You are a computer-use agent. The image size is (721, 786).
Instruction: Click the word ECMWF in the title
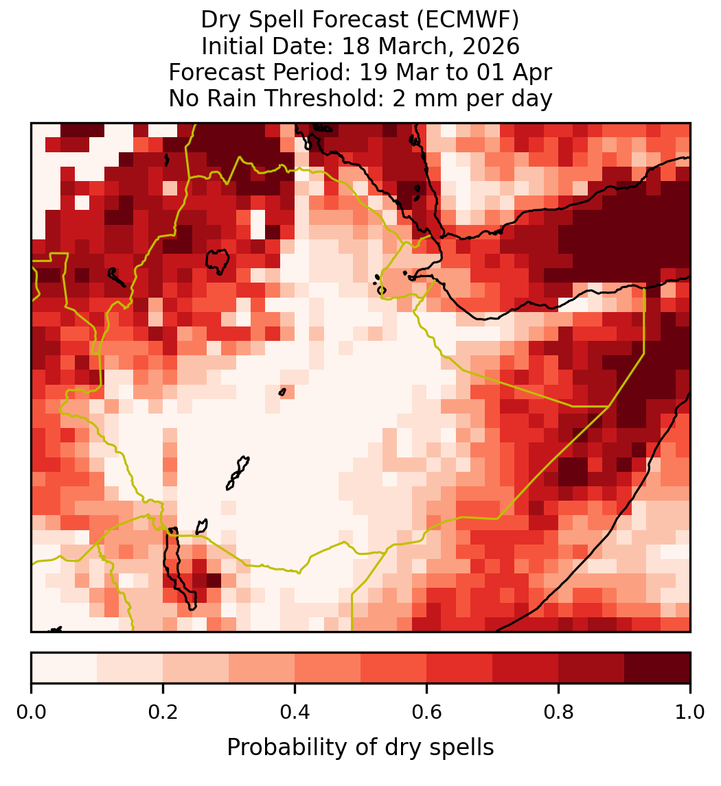click(472, 20)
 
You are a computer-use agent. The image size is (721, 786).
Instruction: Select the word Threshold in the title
click(326, 98)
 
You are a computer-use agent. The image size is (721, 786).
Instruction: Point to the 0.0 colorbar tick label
click(32, 713)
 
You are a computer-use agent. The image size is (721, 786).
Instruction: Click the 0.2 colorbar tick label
click(163, 713)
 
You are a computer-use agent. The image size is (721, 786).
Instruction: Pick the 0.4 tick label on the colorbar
click(295, 713)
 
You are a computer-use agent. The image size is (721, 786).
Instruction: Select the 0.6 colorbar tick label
click(426, 713)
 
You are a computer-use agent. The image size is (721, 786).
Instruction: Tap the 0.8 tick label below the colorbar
click(558, 713)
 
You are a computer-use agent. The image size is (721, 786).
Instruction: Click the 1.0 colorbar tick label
click(690, 713)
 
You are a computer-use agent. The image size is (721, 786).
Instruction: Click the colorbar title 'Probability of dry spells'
click(360, 748)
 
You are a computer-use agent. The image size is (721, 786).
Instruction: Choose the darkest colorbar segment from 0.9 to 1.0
click(657, 668)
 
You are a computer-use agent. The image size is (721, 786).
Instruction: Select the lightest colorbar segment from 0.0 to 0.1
click(65, 668)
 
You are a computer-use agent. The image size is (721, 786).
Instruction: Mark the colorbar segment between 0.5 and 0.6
click(394, 668)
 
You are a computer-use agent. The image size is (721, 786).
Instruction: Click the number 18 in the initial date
click(357, 46)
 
